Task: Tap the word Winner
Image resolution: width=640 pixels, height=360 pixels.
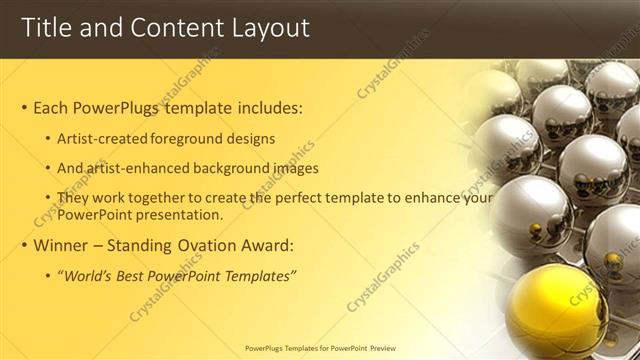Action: point(62,245)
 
